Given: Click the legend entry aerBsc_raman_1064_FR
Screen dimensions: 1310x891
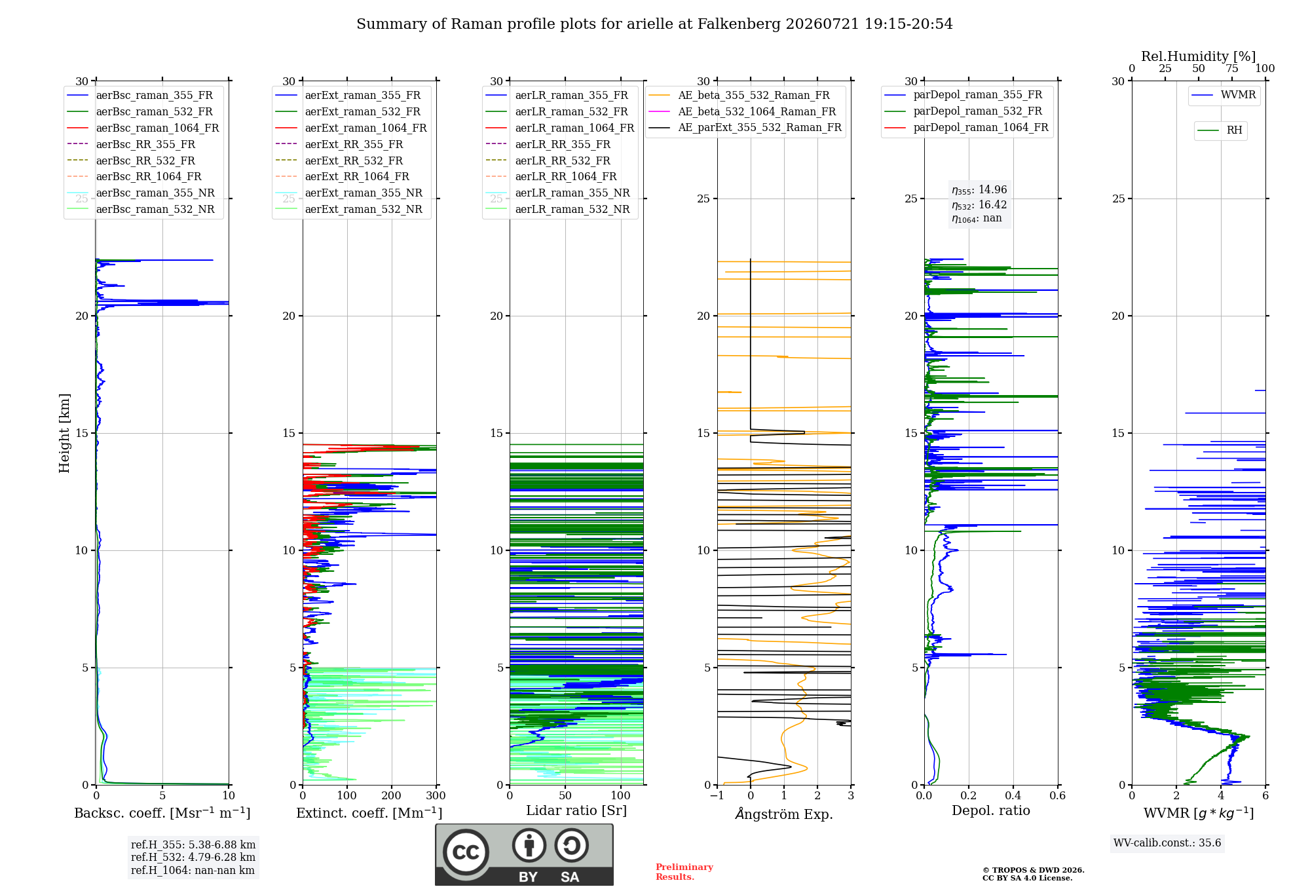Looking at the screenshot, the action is [158, 128].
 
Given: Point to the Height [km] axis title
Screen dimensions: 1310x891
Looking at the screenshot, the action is [64, 433].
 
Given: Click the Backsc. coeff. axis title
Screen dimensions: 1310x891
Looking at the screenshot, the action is [162, 813].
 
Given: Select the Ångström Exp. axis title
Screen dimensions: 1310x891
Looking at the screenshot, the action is [784, 814].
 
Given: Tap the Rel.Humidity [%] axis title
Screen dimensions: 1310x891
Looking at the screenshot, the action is [1199, 56].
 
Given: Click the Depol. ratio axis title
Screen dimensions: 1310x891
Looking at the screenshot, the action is [991, 811].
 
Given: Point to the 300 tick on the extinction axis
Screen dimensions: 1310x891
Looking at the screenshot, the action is [436, 796].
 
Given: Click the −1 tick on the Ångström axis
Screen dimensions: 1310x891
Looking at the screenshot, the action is [717, 796].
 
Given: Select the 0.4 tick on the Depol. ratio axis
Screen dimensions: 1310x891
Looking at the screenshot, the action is [1013, 796].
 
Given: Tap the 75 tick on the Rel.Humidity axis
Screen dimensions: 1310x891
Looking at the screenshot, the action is [1232, 69].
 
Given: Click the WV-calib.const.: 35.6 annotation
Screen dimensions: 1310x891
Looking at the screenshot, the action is [1167, 843].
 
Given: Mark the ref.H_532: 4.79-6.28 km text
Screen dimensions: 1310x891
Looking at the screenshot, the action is [193, 858].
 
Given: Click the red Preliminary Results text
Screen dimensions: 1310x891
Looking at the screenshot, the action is [684, 872].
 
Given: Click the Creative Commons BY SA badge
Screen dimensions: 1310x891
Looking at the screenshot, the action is [525, 855].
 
